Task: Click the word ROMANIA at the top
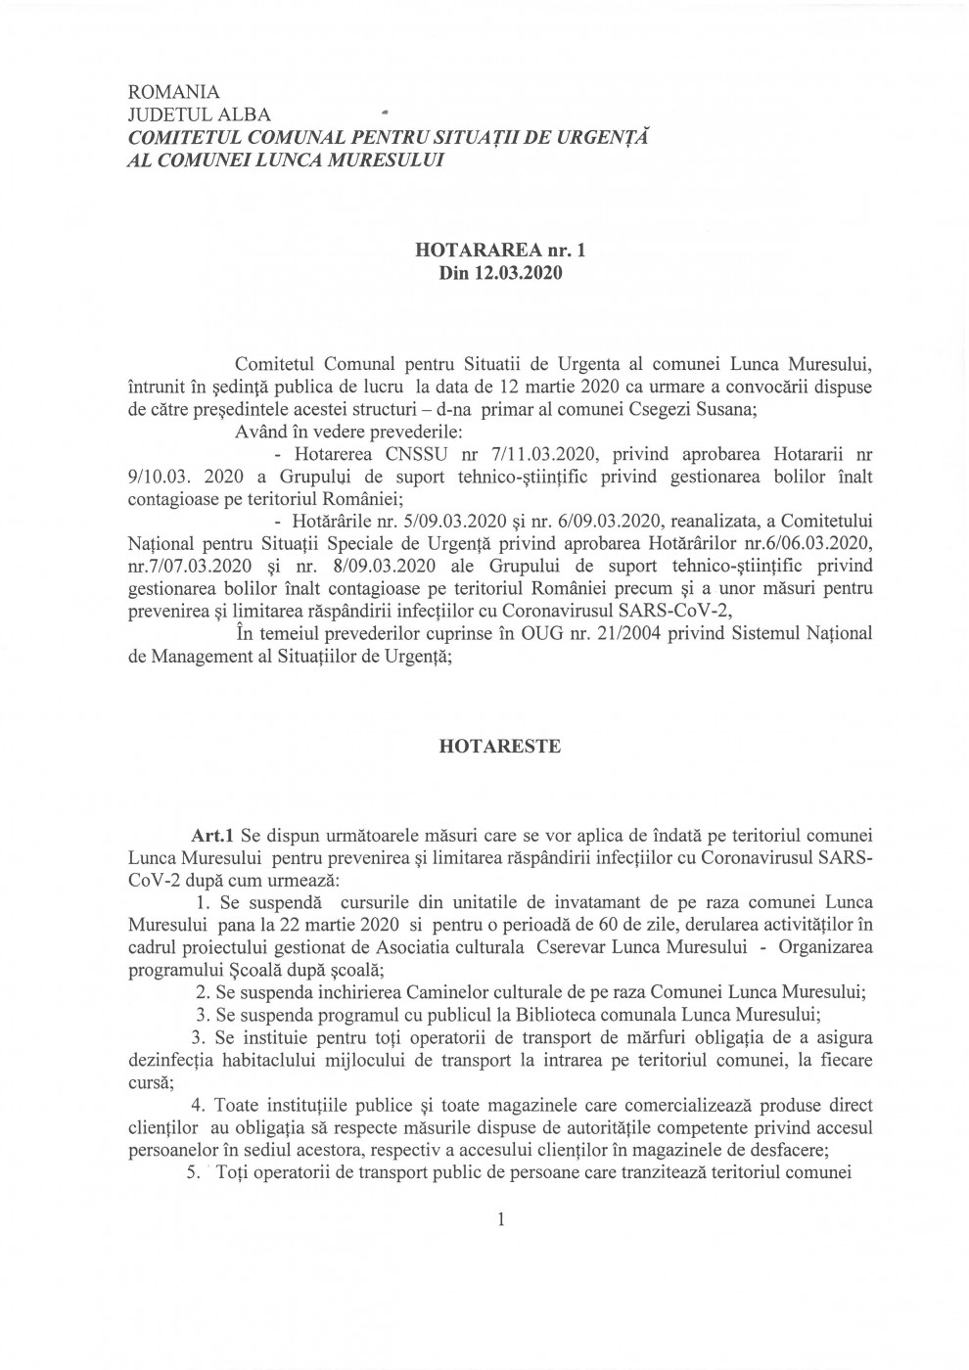(174, 93)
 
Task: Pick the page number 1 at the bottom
(501, 1219)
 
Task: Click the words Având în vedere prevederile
(318, 433)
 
